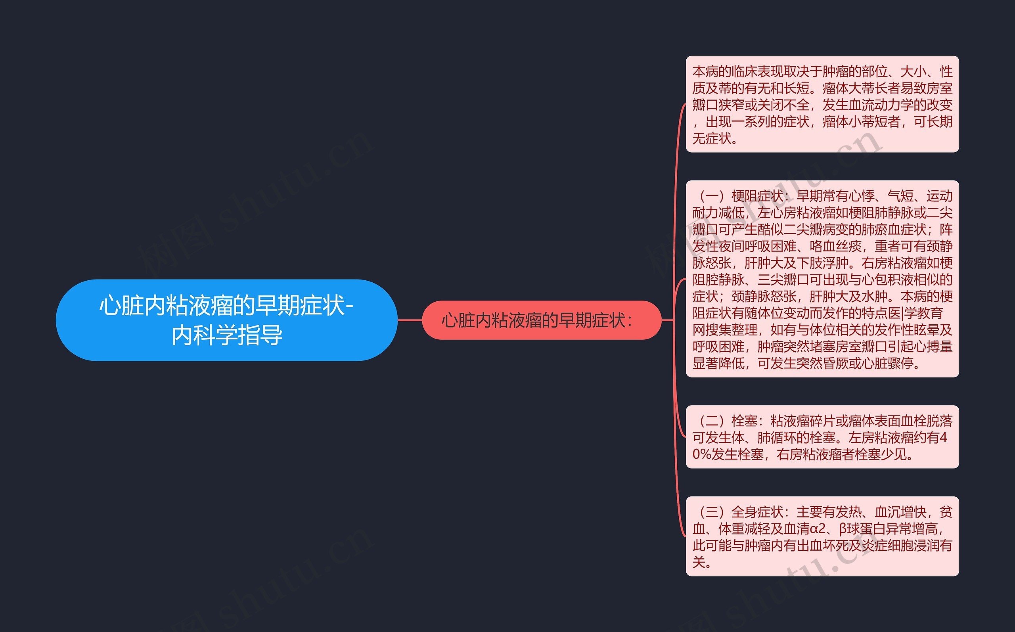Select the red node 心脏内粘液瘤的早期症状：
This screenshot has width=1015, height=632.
pos(541,320)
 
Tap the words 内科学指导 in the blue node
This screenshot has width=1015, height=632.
pos(227,335)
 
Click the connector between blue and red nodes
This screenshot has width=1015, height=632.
pos(410,320)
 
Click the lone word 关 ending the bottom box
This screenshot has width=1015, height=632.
pos(699,563)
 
